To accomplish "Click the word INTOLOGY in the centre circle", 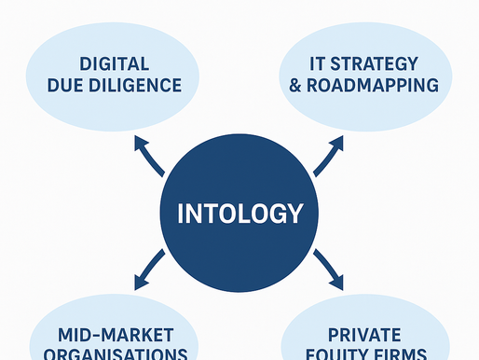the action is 240,214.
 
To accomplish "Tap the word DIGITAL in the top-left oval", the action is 115,65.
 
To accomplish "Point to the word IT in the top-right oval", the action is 317,65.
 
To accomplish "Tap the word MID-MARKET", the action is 114,335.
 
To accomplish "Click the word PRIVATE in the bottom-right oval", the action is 364,335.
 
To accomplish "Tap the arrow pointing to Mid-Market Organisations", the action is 150,268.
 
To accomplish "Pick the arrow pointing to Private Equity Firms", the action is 328,268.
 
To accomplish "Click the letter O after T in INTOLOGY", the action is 219,214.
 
